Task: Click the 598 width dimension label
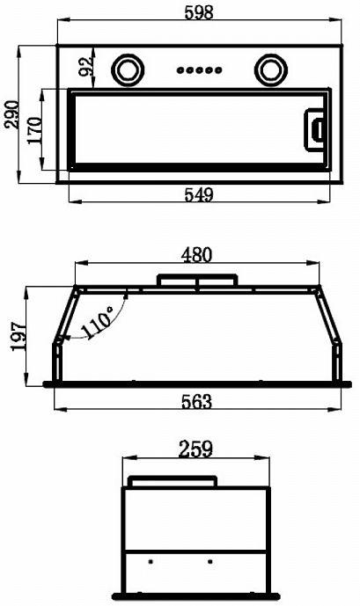coord(199,12)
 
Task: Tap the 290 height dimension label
coord(11,114)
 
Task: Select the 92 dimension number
coord(86,65)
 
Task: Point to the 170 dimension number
coord(34,130)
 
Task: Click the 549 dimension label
coord(199,194)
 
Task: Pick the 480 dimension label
coord(197,255)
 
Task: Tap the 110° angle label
coord(98,324)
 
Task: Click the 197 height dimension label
coord(19,336)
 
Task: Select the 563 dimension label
coord(197,402)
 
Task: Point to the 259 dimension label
coord(195,449)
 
